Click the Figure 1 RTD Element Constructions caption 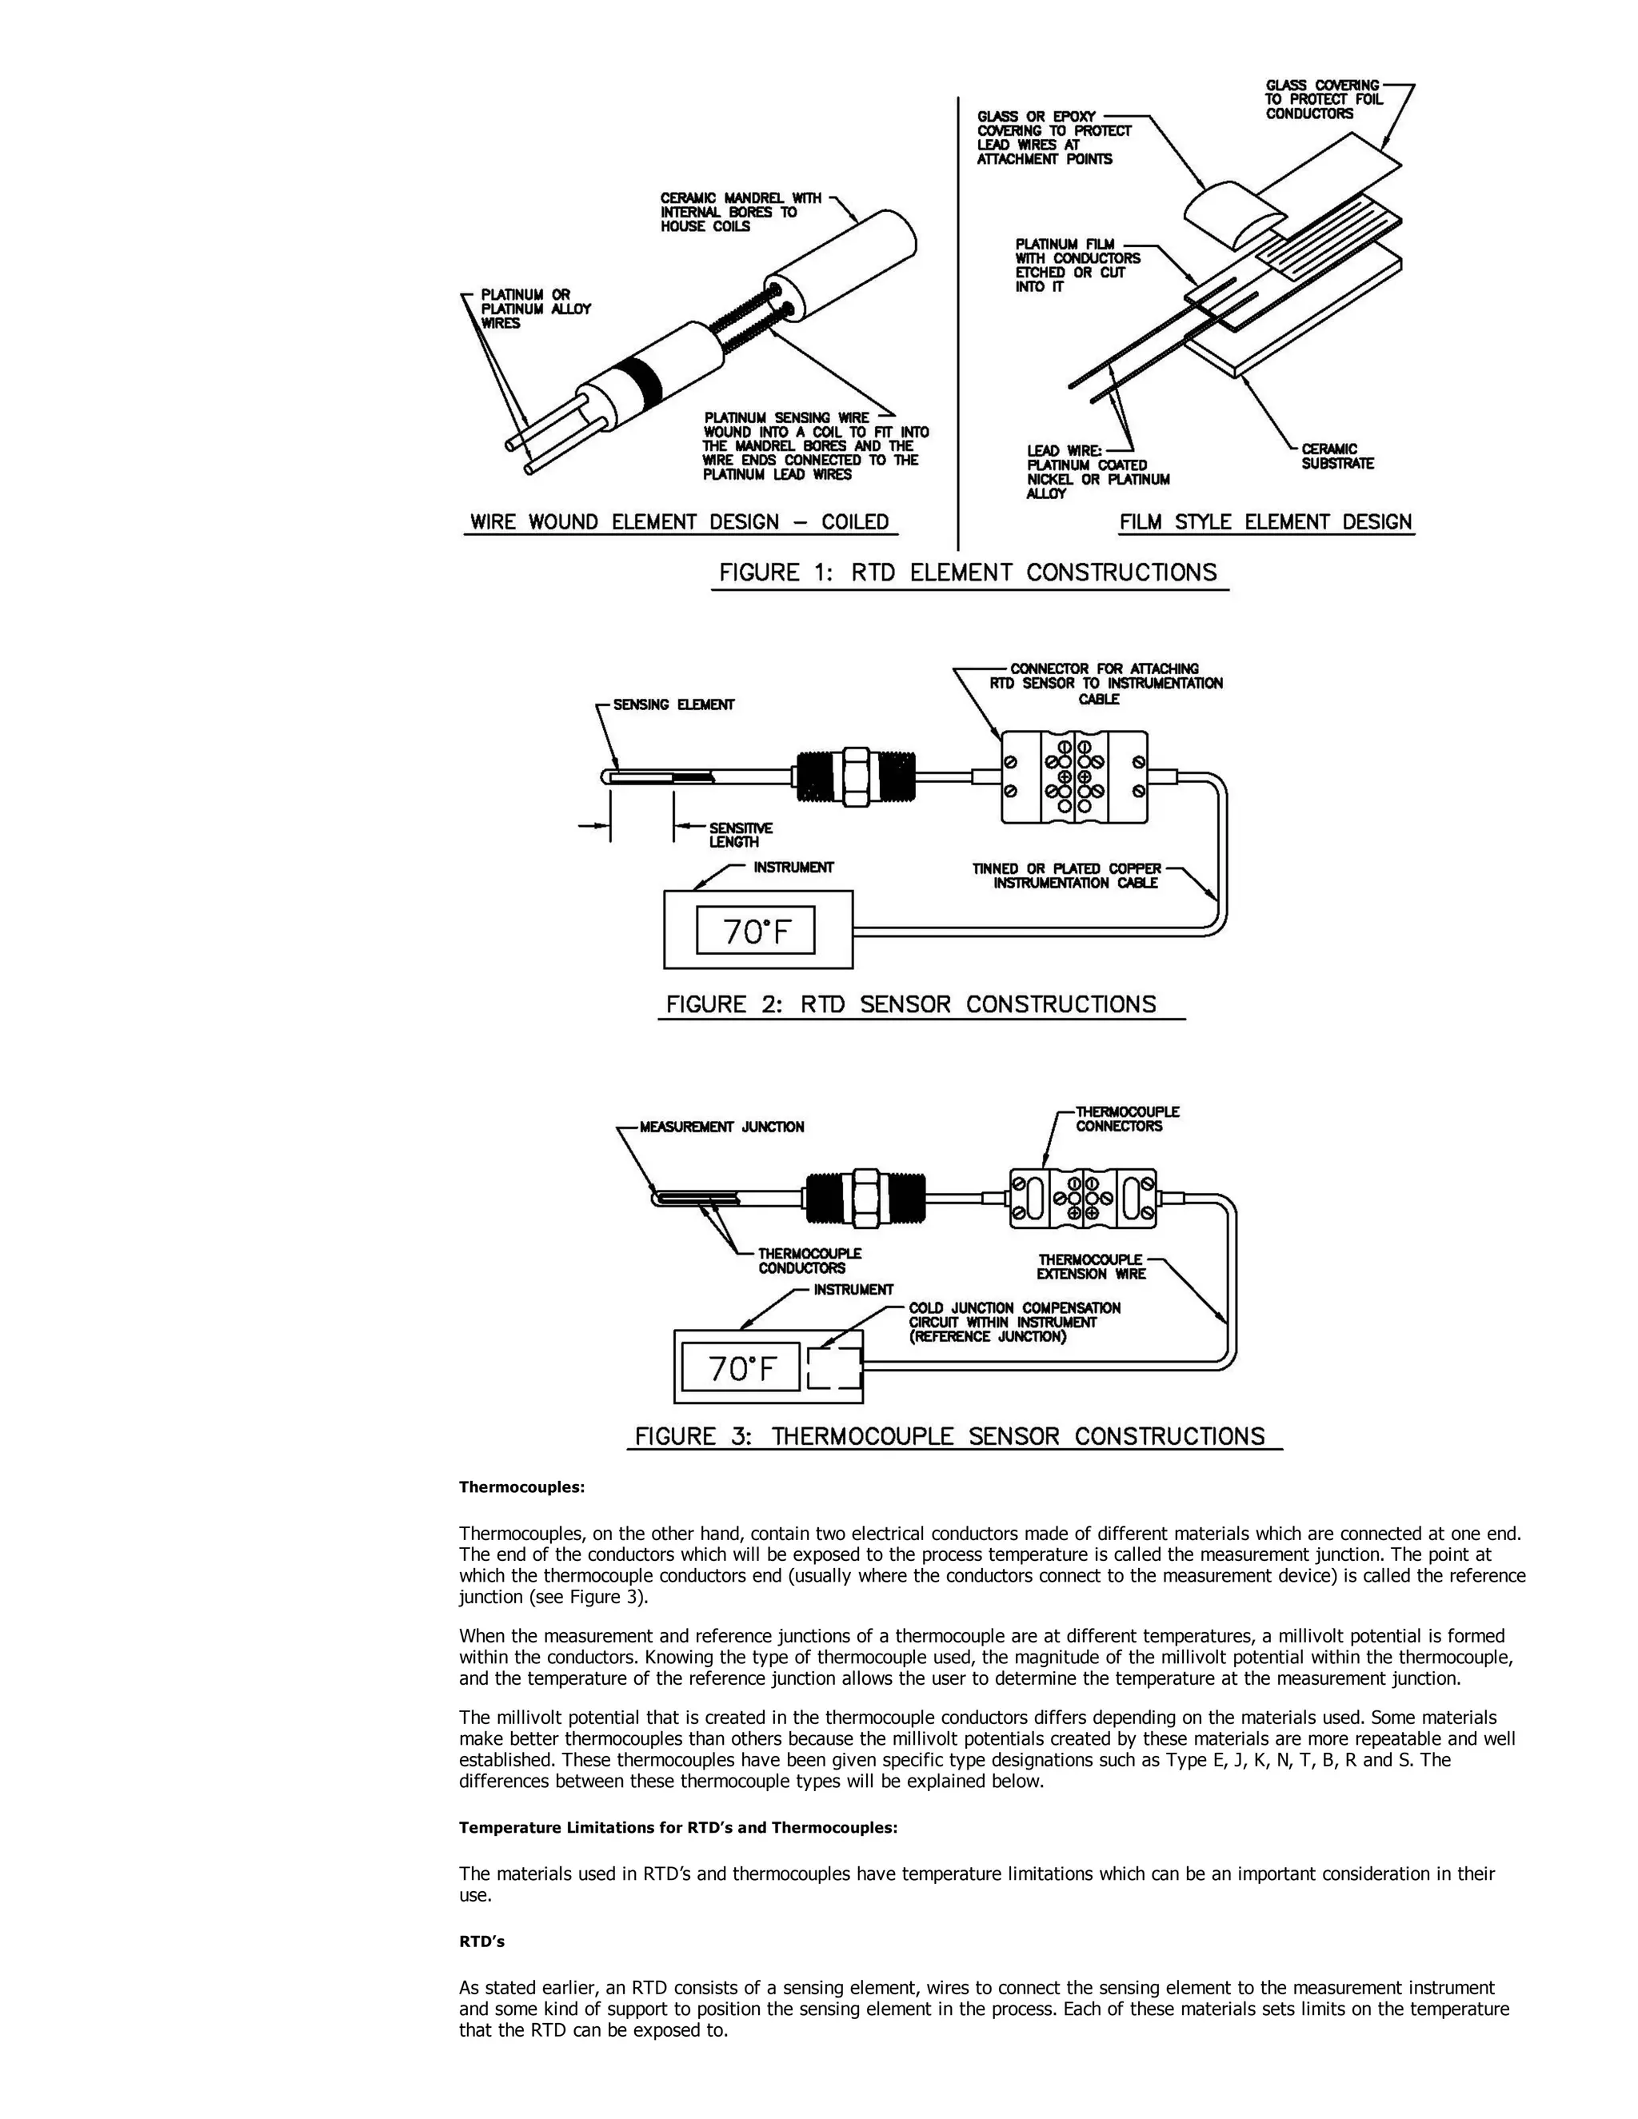pos(968,573)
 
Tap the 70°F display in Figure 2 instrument pos(756,932)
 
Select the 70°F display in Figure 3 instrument pos(741,1368)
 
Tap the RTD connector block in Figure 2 pos(1074,776)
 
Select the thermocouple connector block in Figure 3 pos(1083,1197)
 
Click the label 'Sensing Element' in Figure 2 pos(673,704)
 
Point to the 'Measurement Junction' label pos(721,1127)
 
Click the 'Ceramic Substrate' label pos(1337,456)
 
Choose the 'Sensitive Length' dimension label pos(740,834)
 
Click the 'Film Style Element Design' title pos(1265,522)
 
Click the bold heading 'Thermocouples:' pos(521,1487)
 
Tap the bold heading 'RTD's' pos(481,1941)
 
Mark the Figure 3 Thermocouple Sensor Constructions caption pos(950,1436)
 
